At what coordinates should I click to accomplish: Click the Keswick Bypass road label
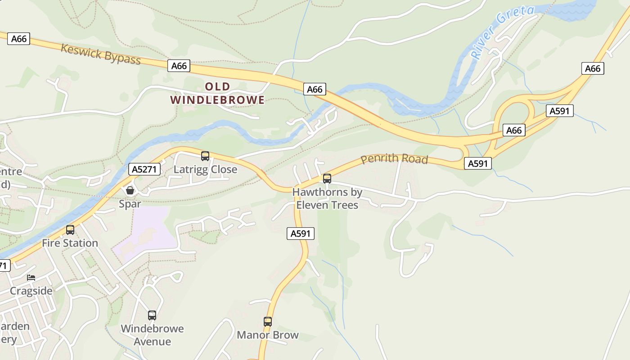pos(101,54)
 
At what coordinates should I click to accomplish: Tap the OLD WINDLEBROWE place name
pos(217,93)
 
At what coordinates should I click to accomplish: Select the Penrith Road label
pos(394,159)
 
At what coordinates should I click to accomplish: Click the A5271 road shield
pos(144,169)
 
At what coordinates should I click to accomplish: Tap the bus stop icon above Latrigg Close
pos(205,156)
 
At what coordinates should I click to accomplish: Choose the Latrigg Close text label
pos(205,170)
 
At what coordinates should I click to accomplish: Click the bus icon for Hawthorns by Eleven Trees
pos(327,179)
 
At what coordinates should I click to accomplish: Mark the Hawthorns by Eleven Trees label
pos(327,198)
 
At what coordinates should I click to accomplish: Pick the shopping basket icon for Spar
pos(130,190)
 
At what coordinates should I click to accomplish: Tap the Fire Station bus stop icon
pos(70,230)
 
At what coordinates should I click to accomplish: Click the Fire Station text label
pos(70,243)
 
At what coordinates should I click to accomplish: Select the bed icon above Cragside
pos(31,278)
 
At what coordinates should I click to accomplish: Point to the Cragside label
pos(31,291)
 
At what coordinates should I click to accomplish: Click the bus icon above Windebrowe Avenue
pos(152,315)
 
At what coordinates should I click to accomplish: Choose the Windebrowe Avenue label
pos(152,335)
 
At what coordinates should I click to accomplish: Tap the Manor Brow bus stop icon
pos(268,322)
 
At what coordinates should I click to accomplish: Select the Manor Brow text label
pos(268,335)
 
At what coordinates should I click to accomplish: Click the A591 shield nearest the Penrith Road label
pos(477,163)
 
